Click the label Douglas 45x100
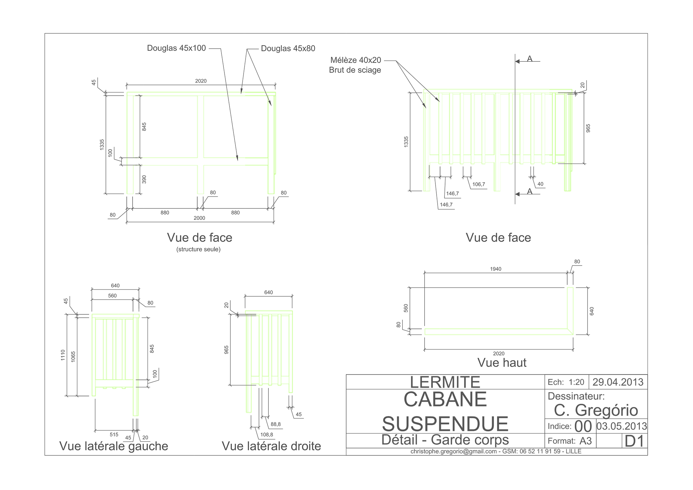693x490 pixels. pos(176,48)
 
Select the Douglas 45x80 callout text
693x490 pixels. pos(288,49)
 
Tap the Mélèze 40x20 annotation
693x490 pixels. pos(356,60)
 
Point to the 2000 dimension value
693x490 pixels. pos(199,218)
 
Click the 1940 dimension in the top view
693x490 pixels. pos(495,269)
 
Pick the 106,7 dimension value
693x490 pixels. pos(478,185)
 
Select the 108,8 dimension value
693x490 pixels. pos(266,435)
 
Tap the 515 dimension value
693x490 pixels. pos(114,435)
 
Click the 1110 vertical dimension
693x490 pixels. pos(63,355)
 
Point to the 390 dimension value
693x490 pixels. pos(144,179)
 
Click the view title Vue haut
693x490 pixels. pos(502,363)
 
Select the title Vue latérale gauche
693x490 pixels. pos(114,446)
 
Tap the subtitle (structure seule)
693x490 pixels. pos(199,250)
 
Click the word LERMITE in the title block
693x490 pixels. pos(445,382)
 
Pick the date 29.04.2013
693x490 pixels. pos(618,382)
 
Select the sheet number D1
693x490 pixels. pos(634,441)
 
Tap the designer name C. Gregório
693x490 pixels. pos(596,410)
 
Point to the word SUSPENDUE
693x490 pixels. pos(445,424)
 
